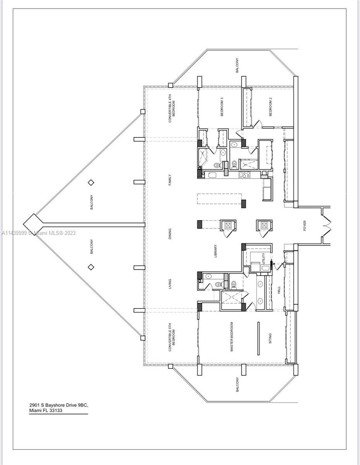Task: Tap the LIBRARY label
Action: [215, 251]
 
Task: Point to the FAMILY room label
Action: [170, 180]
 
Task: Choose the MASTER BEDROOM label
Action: [232, 337]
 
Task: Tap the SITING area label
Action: [270, 338]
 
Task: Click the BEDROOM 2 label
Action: [270, 106]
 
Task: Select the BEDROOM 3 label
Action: [222, 106]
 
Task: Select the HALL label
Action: [279, 289]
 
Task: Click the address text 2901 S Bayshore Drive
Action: [59, 405]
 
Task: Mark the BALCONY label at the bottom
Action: [237, 385]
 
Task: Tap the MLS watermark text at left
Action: [39, 233]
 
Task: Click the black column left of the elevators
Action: [200, 224]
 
